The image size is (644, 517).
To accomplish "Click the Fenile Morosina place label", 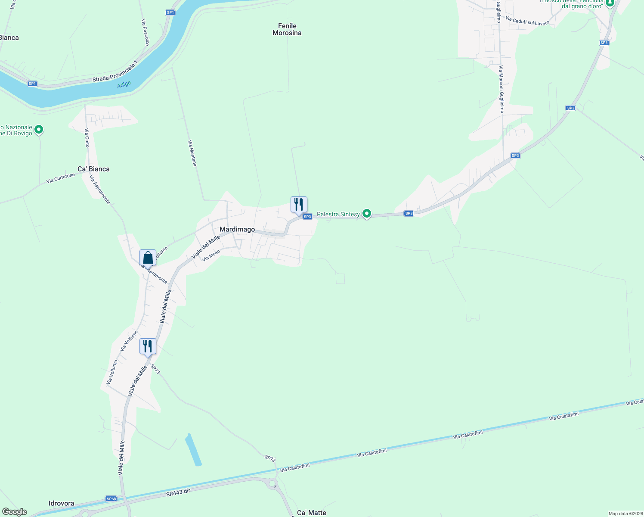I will click(287, 29).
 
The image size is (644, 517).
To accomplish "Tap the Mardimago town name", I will click(237, 229).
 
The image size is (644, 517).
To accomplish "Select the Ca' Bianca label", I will click(93, 169).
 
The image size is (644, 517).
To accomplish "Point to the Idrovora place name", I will click(61, 503).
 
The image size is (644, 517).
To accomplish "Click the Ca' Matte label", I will click(312, 513).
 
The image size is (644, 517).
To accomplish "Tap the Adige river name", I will click(124, 85).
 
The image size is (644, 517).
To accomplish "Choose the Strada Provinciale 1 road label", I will click(115, 72).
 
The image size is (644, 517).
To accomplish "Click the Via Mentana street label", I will click(192, 153).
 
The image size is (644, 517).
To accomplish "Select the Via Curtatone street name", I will click(61, 178).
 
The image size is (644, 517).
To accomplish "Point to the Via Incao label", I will click(211, 255).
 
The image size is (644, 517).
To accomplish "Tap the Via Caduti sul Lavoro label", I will click(527, 21).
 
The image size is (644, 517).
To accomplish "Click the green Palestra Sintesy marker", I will click(367, 213).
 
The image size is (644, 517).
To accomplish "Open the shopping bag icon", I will click(148, 258).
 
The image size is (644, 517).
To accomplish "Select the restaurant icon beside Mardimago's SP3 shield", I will click(299, 205).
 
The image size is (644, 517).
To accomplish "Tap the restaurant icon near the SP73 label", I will click(148, 346).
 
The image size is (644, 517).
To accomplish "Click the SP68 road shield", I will click(111, 499).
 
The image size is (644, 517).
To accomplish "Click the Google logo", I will click(15, 512).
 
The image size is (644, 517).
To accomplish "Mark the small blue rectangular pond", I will click(193, 450).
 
